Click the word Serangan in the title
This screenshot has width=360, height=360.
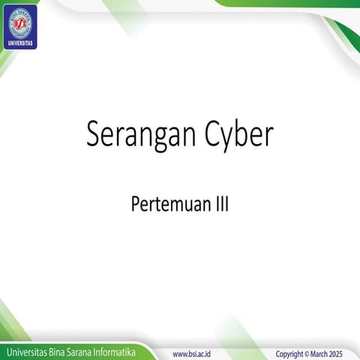point(137,135)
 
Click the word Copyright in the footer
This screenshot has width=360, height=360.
point(290,352)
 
